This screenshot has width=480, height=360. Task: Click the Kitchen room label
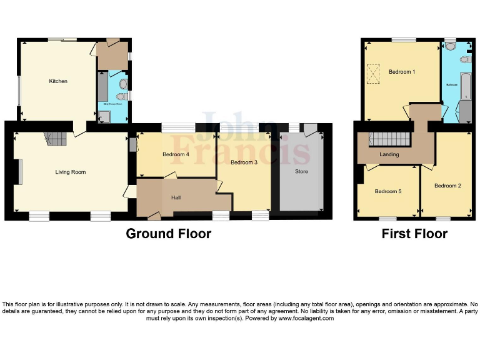(58, 81)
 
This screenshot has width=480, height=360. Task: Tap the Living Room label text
(70, 172)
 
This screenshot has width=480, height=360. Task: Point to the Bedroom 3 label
(244, 162)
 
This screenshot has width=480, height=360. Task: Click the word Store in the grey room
(301, 171)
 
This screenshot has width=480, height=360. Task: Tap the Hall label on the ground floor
(176, 198)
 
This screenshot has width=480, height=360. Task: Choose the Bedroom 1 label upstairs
(402, 72)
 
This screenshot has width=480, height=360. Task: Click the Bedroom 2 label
(447, 186)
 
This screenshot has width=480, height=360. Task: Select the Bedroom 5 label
(387, 191)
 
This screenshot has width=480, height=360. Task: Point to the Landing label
(389, 154)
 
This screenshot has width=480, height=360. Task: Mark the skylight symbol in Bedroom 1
(373, 75)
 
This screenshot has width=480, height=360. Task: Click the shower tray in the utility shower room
(104, 115)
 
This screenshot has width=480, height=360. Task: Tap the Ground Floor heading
(168, 234)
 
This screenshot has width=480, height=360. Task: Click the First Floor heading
(414, 234)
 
